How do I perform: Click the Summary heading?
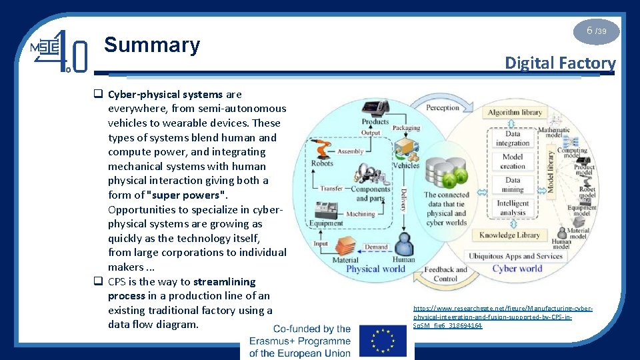[152, 45]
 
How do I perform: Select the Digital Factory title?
[560, 63]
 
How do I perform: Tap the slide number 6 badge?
[596, 31]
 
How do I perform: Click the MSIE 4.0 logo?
[59, 51]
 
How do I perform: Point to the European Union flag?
[382, 341]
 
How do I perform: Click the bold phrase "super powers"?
[187, 195]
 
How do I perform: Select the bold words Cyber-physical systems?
[165, 94]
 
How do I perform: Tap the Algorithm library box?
[515, 113]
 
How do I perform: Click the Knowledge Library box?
[509, 235]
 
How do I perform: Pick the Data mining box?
[513, 185]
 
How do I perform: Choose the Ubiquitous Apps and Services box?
[515, 256]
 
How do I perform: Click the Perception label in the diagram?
[443, 107]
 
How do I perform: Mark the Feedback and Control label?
[445, 274]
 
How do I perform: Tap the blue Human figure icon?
[403, 243]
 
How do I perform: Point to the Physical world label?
[375, 269]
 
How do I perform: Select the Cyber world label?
[517, 269]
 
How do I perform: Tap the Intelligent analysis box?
[513, 208]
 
